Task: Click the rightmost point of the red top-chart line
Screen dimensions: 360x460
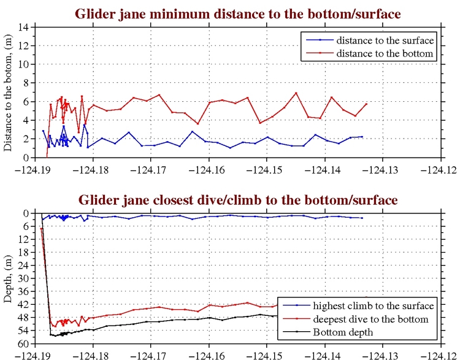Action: click(x=366, y=104)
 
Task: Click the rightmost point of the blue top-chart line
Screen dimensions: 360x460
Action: click(x=362, y=137)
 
